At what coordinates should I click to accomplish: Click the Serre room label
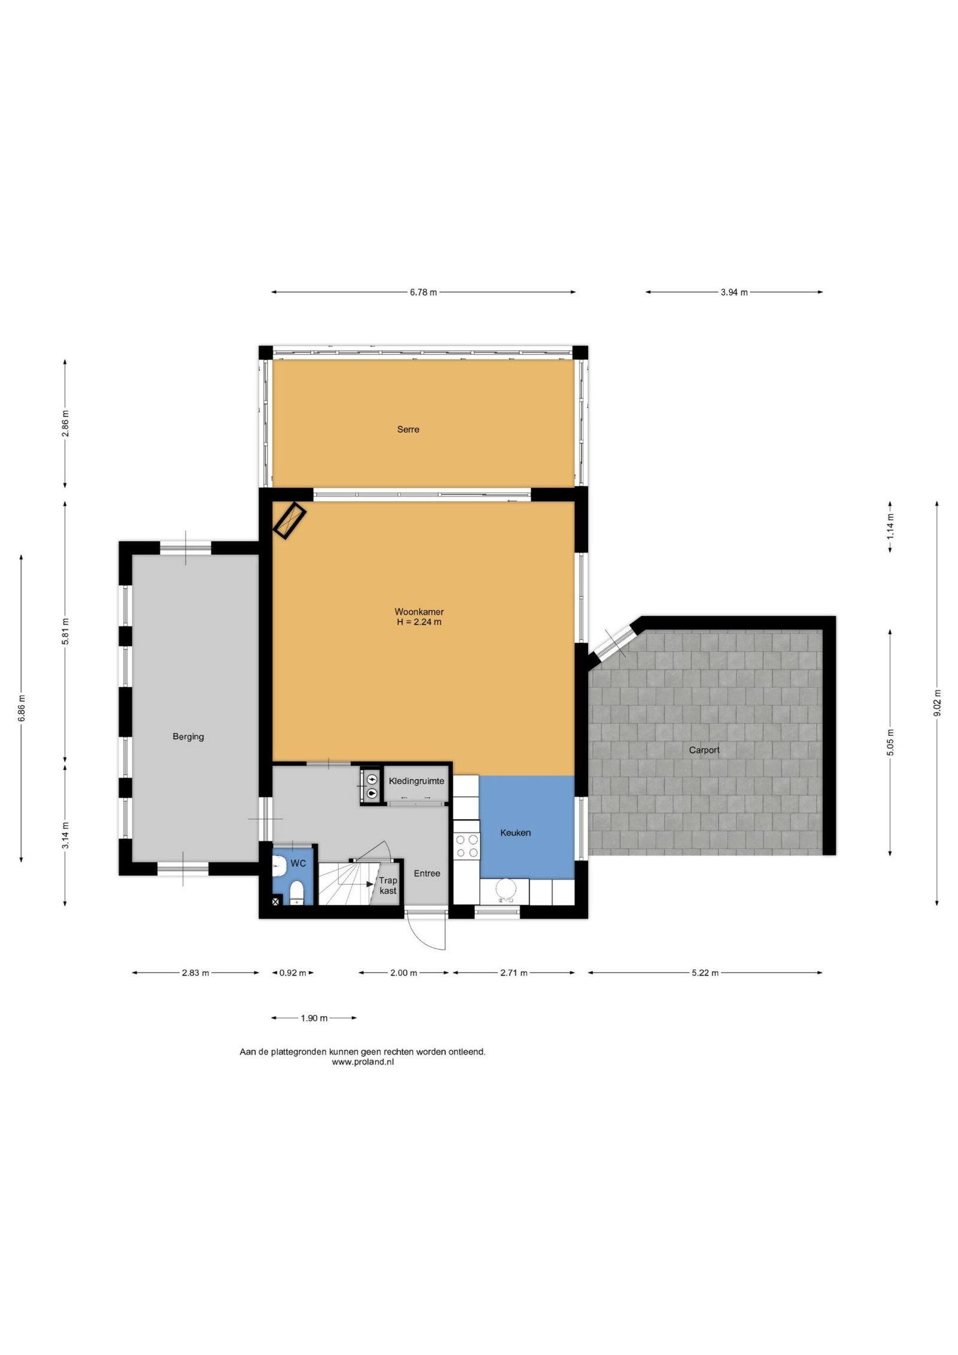coord(408,429)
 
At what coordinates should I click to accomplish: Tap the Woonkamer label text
coord(419,612)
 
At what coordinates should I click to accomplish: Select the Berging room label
coord(188,737)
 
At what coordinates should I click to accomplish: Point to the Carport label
coord(704,750)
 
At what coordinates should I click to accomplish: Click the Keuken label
coord(516,832)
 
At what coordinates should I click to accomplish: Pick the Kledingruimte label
coord(417,781)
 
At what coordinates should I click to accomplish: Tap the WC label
coord(298,863)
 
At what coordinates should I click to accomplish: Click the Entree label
coord(427,874)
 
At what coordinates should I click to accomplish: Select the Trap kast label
coord(388,886)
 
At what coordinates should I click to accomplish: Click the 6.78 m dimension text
coord(423,292)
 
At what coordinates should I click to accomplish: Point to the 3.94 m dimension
coord(734,292)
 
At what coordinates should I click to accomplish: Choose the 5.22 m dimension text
coord(705,973)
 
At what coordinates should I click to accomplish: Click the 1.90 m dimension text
coord(314,1018)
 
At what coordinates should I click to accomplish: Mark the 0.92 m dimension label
coord(293,973)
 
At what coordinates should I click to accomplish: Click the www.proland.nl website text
coord(363,1062)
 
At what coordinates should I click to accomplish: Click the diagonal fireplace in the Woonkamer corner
coord(290,520)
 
